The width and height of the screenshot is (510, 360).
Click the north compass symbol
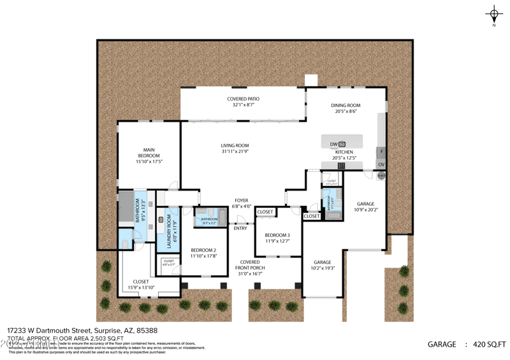(x=494, y=13)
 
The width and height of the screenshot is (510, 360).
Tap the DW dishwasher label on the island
(x=333, y=144)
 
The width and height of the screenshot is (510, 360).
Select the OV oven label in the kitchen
(x=381, y=164)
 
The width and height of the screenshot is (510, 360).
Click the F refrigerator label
(x=381, y=152)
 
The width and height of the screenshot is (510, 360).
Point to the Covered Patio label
(x=244, y=99)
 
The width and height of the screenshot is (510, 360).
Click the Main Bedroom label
(x=149, y=152)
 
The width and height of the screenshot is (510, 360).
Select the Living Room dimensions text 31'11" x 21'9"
(x=235, y=151)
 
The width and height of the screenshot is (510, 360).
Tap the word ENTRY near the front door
(x=240, y=228)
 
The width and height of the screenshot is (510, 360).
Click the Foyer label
(x=241, y=200)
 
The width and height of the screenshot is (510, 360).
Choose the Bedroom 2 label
(x=203, y=250)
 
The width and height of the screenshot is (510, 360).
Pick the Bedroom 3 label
(x=277, y=235)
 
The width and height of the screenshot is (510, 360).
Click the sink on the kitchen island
(x=342, y=144)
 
